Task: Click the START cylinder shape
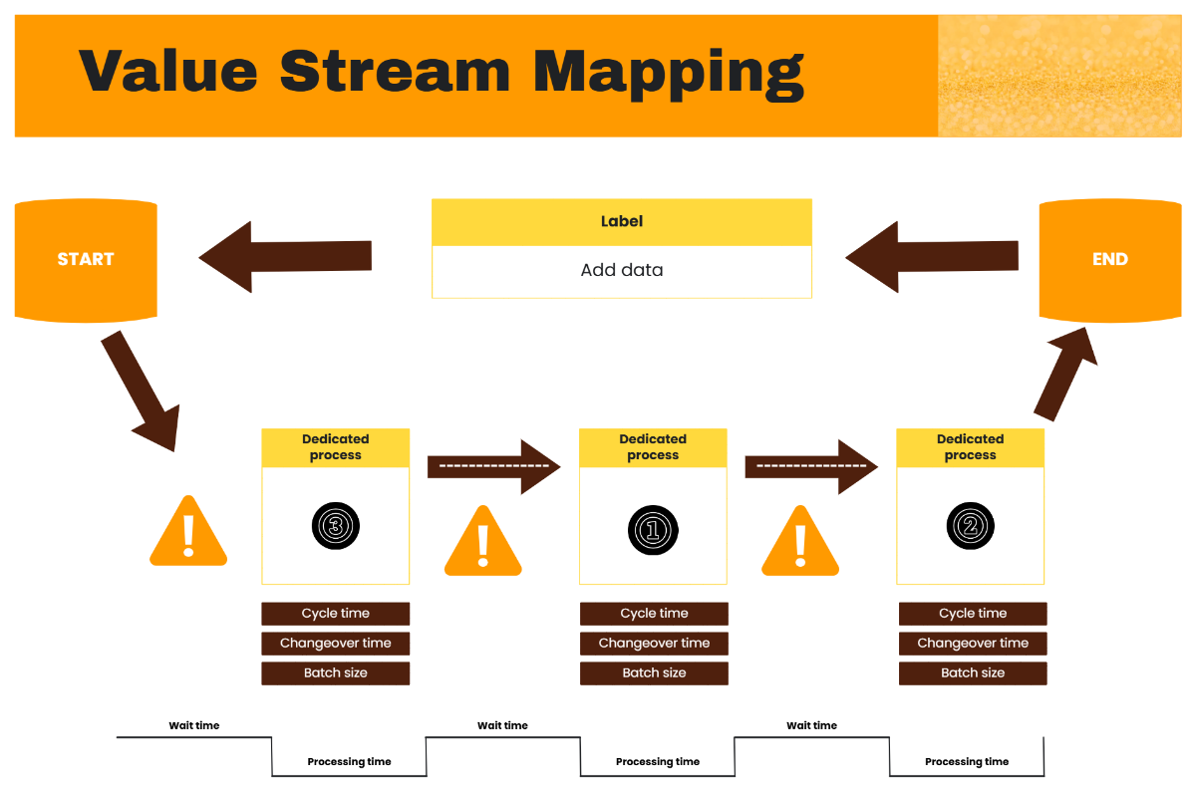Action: [86, 260]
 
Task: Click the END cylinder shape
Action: [1109, 260]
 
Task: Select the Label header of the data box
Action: [621, 222]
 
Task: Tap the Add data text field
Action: [621, 271]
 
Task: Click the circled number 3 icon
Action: [335, 526]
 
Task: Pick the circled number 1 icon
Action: [653, 529]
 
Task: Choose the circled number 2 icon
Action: [970, 525]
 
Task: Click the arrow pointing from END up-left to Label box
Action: [931, 257]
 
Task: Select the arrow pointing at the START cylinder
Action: [285, 257]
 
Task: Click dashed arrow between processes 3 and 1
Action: [493, 466]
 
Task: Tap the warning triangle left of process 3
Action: [188, 534]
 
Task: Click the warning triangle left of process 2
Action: [800, 544]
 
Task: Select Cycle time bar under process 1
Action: [654, 614]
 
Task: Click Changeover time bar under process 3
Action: [335, 644]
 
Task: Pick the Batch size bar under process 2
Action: [973, 673]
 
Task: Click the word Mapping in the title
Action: [668, 72]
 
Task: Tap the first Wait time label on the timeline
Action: [193, 726]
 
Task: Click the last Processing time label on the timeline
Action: [966, 762]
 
